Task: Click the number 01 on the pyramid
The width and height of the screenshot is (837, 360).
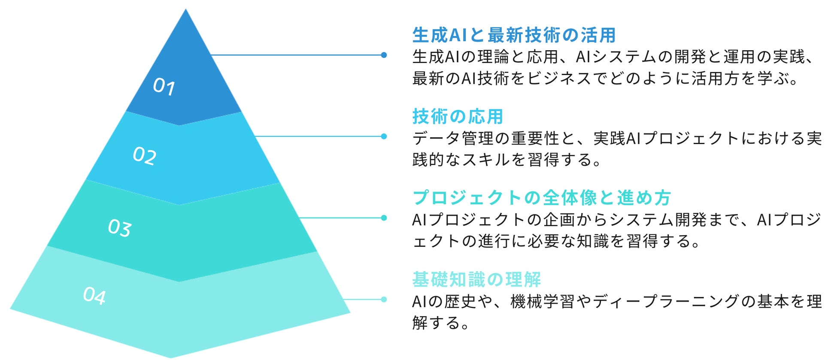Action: coord(164,87)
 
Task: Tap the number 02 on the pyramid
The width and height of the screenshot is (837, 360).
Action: coord(144,156)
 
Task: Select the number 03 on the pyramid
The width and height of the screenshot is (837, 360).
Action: coord(119,228)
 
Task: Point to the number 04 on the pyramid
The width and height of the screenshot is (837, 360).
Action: coord(94,296)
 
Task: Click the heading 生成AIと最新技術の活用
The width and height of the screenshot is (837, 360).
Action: coord(514,35)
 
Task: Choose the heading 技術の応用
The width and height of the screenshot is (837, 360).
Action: coord(458,116)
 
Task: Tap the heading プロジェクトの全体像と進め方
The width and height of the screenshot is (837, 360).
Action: coord(542,198)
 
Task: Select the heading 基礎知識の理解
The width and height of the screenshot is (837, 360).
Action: coord(476,279)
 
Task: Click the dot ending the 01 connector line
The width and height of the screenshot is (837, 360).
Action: coord(384,55)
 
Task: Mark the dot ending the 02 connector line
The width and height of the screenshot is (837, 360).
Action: coord(384,136)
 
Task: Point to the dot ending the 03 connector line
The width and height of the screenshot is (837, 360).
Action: coord(384,218)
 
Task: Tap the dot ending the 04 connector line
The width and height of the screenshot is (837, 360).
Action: coord(384,299)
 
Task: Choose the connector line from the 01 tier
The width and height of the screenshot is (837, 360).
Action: coord(296,55)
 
